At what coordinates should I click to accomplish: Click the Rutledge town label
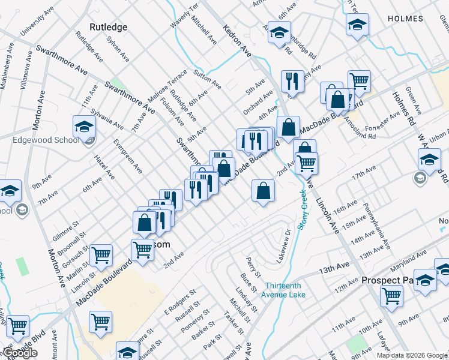[x=108, y=27]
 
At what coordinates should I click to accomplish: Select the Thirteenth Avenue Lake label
[x=283, y=290]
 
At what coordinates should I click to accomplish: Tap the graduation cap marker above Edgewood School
[x=85, y=126]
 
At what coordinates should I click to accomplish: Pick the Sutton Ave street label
[x=209, y=79]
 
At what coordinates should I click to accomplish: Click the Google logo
[x=20, y=353]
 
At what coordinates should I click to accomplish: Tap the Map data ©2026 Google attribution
[x=412, y=355]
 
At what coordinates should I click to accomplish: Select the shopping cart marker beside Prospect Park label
[x=391, y=295]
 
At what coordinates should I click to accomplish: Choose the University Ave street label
[x=34, y=24]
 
